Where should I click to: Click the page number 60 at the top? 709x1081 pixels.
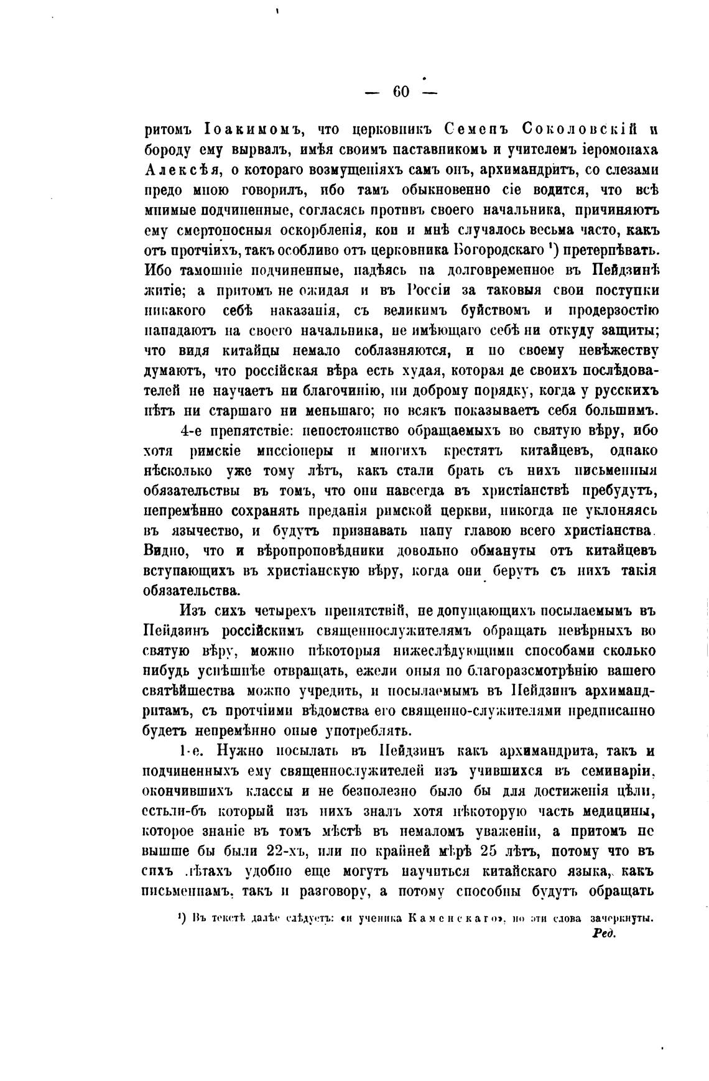401,92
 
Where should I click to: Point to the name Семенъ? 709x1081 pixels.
477,130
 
